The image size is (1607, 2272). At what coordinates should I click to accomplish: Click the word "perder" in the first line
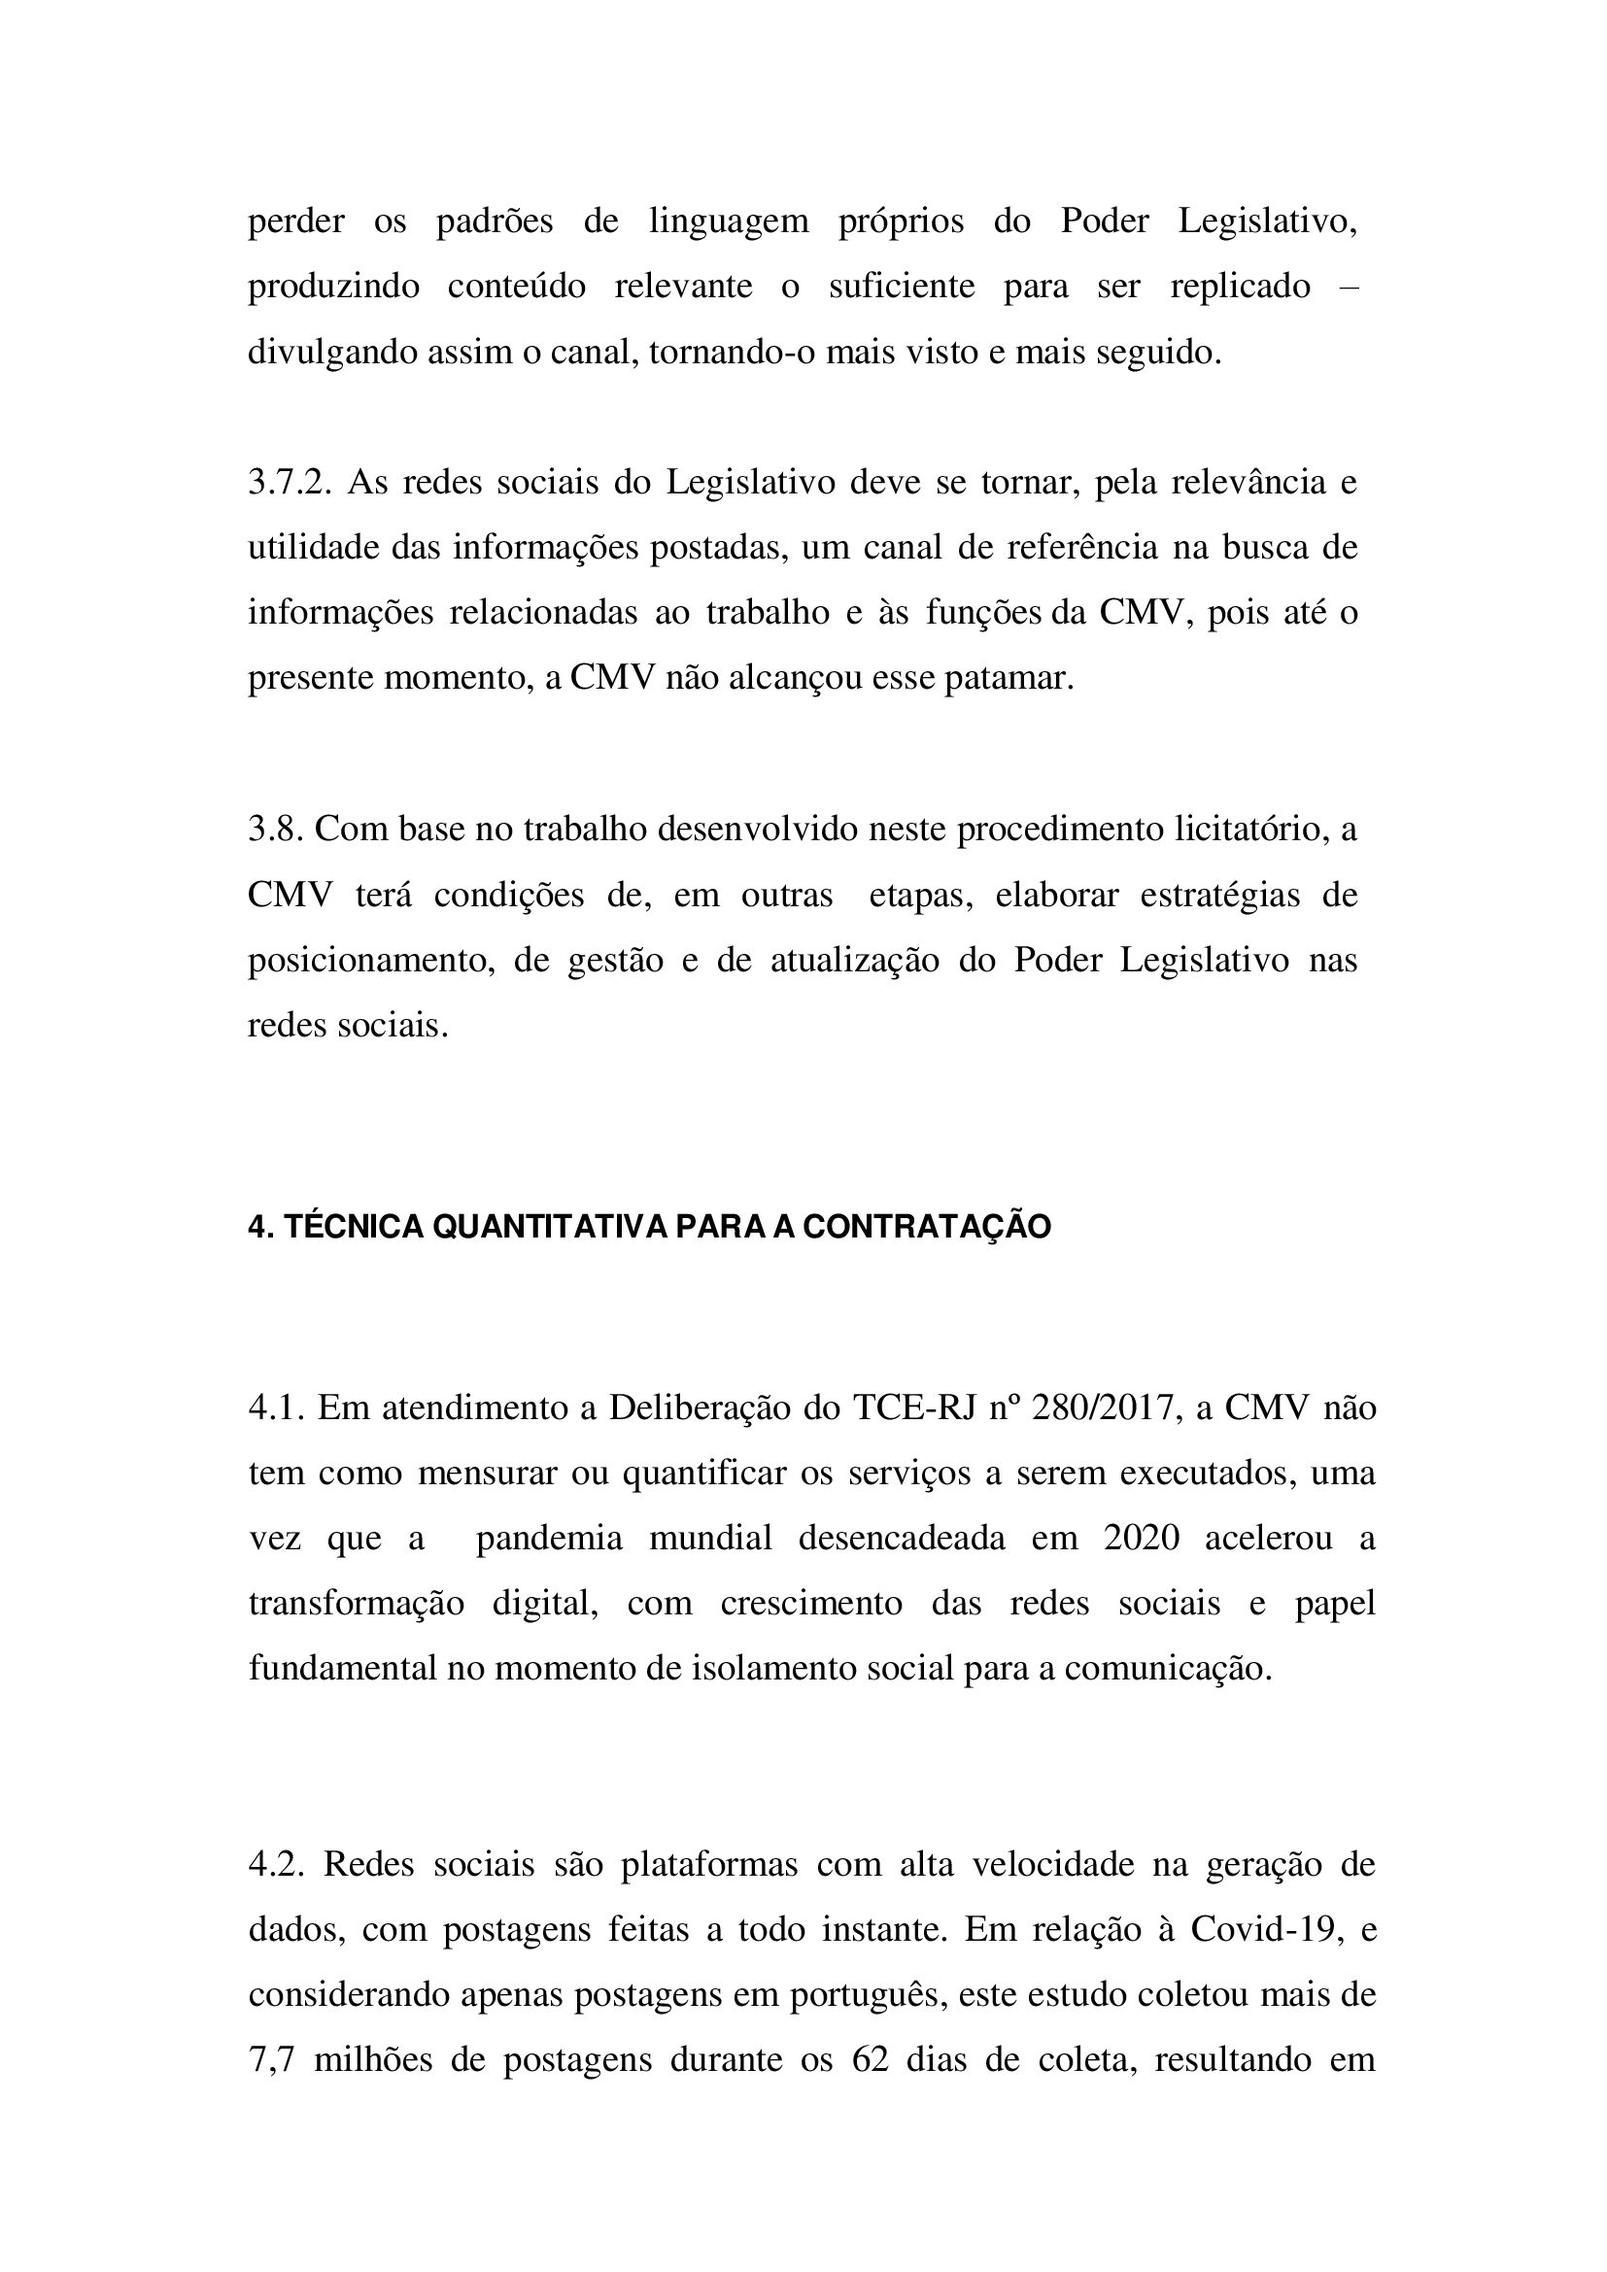tap(296, 221)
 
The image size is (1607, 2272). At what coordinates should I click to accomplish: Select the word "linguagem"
tap(729, 221)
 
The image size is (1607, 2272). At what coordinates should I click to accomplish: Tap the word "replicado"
tap(1240, 287)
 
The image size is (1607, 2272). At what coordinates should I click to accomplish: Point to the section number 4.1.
tap(276, 1408)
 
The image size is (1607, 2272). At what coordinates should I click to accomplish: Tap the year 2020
tap(1141, 1539)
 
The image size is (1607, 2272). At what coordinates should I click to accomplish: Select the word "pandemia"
tap(549, 1539)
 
